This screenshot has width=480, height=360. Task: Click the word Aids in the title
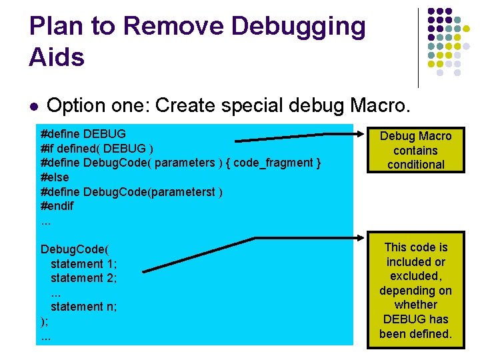[57, 57]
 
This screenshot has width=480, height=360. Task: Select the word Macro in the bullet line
[389, 105]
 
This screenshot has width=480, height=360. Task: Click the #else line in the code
[55, 177]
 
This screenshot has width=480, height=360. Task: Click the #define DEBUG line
[83, 133]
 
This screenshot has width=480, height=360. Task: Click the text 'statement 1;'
[83, 263]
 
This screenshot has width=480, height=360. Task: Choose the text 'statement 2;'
[83, 277]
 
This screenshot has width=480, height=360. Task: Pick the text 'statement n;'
[83, 306]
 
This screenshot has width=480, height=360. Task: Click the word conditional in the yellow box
[416, 165]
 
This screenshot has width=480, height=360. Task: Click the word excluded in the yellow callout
[415, 276]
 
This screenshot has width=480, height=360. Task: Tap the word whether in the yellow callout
[415, 305]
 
